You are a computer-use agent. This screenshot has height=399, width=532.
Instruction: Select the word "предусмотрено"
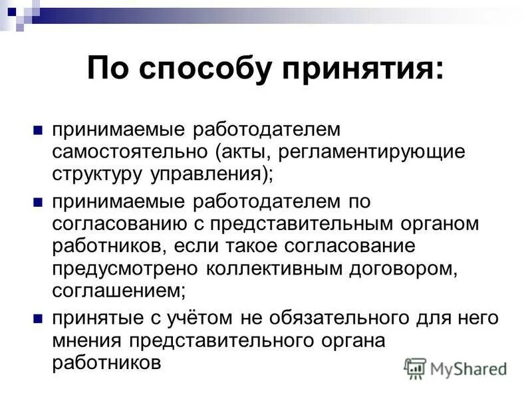tap(123, 269)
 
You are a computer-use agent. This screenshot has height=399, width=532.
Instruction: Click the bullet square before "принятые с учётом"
tap(38, 317)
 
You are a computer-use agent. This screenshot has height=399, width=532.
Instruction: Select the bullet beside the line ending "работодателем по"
tap(38, 199)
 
